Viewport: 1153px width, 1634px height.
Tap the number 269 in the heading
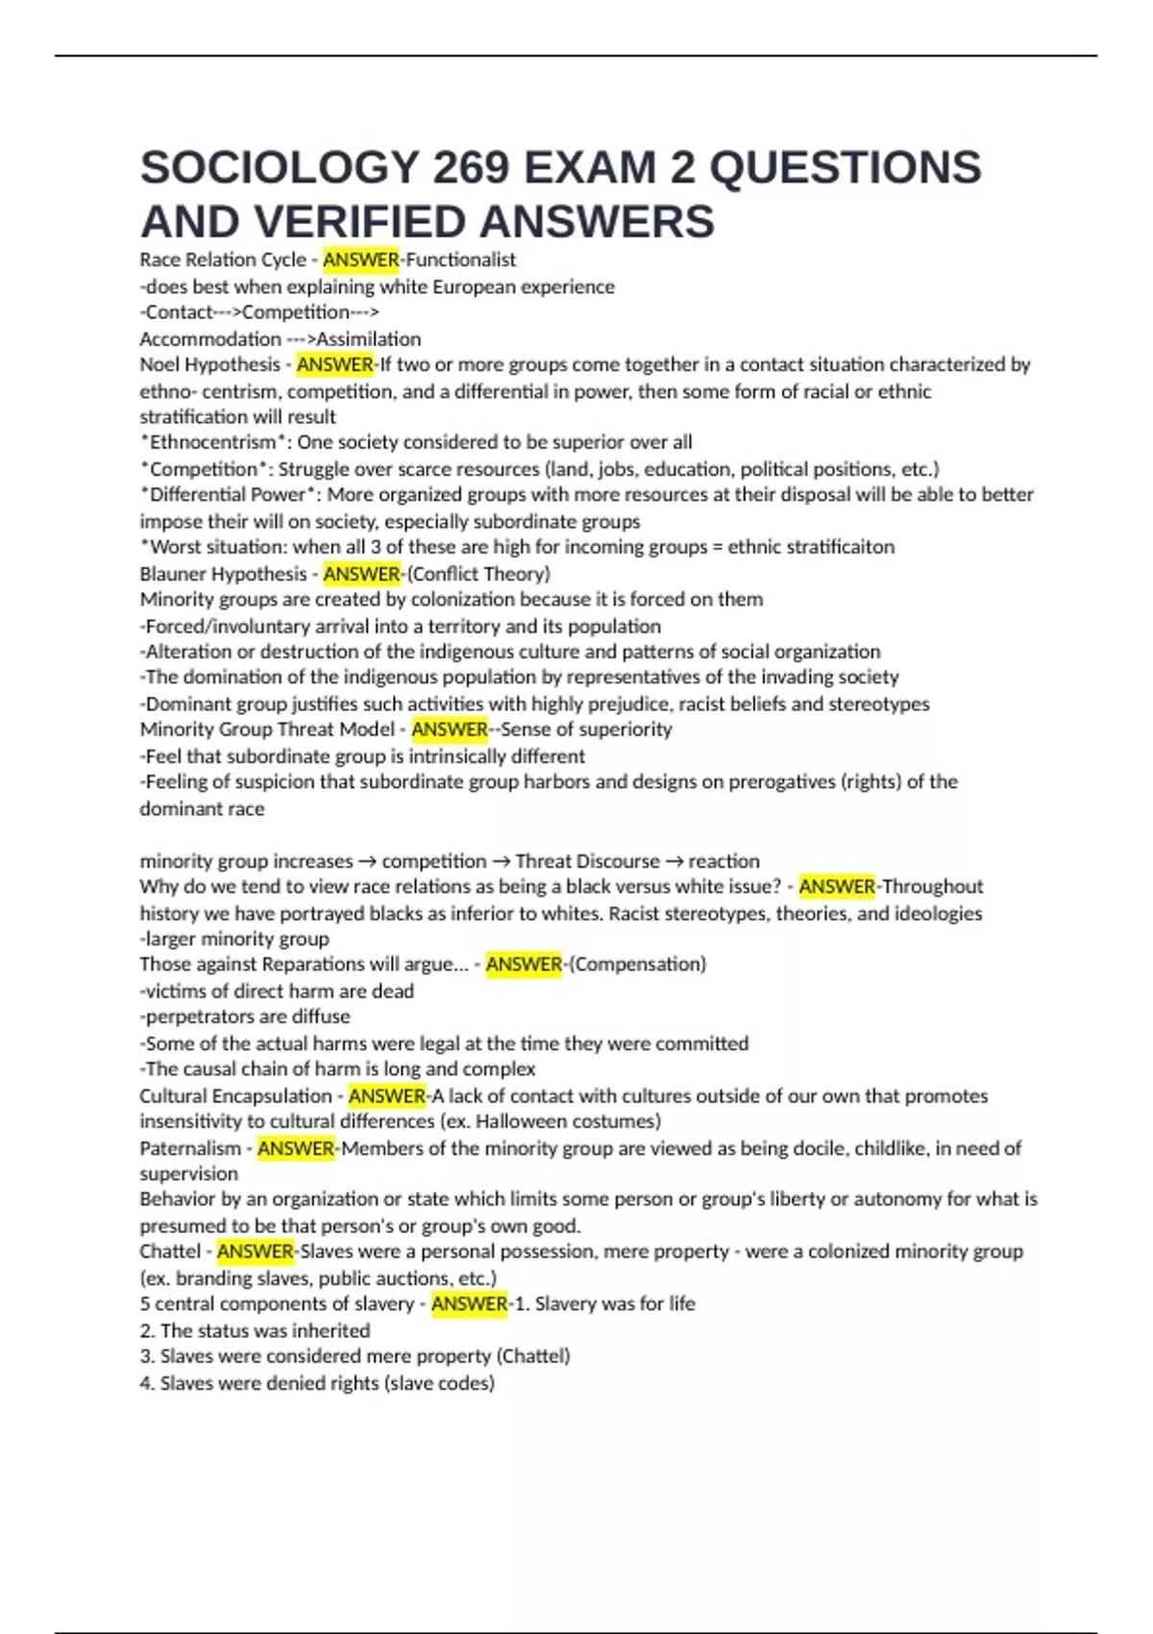(471, 167)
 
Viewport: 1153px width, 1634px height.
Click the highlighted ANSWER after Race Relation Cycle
(360, 260)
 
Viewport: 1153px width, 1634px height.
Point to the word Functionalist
(460, 260)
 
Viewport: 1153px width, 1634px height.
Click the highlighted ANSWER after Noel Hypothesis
(334, 364)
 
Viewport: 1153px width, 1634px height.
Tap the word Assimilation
(369, 338)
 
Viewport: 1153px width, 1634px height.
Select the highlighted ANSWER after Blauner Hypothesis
(361, 574)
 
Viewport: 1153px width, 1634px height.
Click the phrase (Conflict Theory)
(478, 574)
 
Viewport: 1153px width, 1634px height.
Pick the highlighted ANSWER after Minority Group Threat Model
(450, 729)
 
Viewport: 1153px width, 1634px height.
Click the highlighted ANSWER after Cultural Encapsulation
(386, 1096)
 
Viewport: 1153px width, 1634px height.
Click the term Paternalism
(190, 1148)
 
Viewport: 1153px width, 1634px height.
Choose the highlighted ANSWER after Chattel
(255, 1251)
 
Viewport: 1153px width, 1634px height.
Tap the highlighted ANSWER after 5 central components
(469, 1303)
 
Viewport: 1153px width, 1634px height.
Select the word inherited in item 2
(331, 1330)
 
